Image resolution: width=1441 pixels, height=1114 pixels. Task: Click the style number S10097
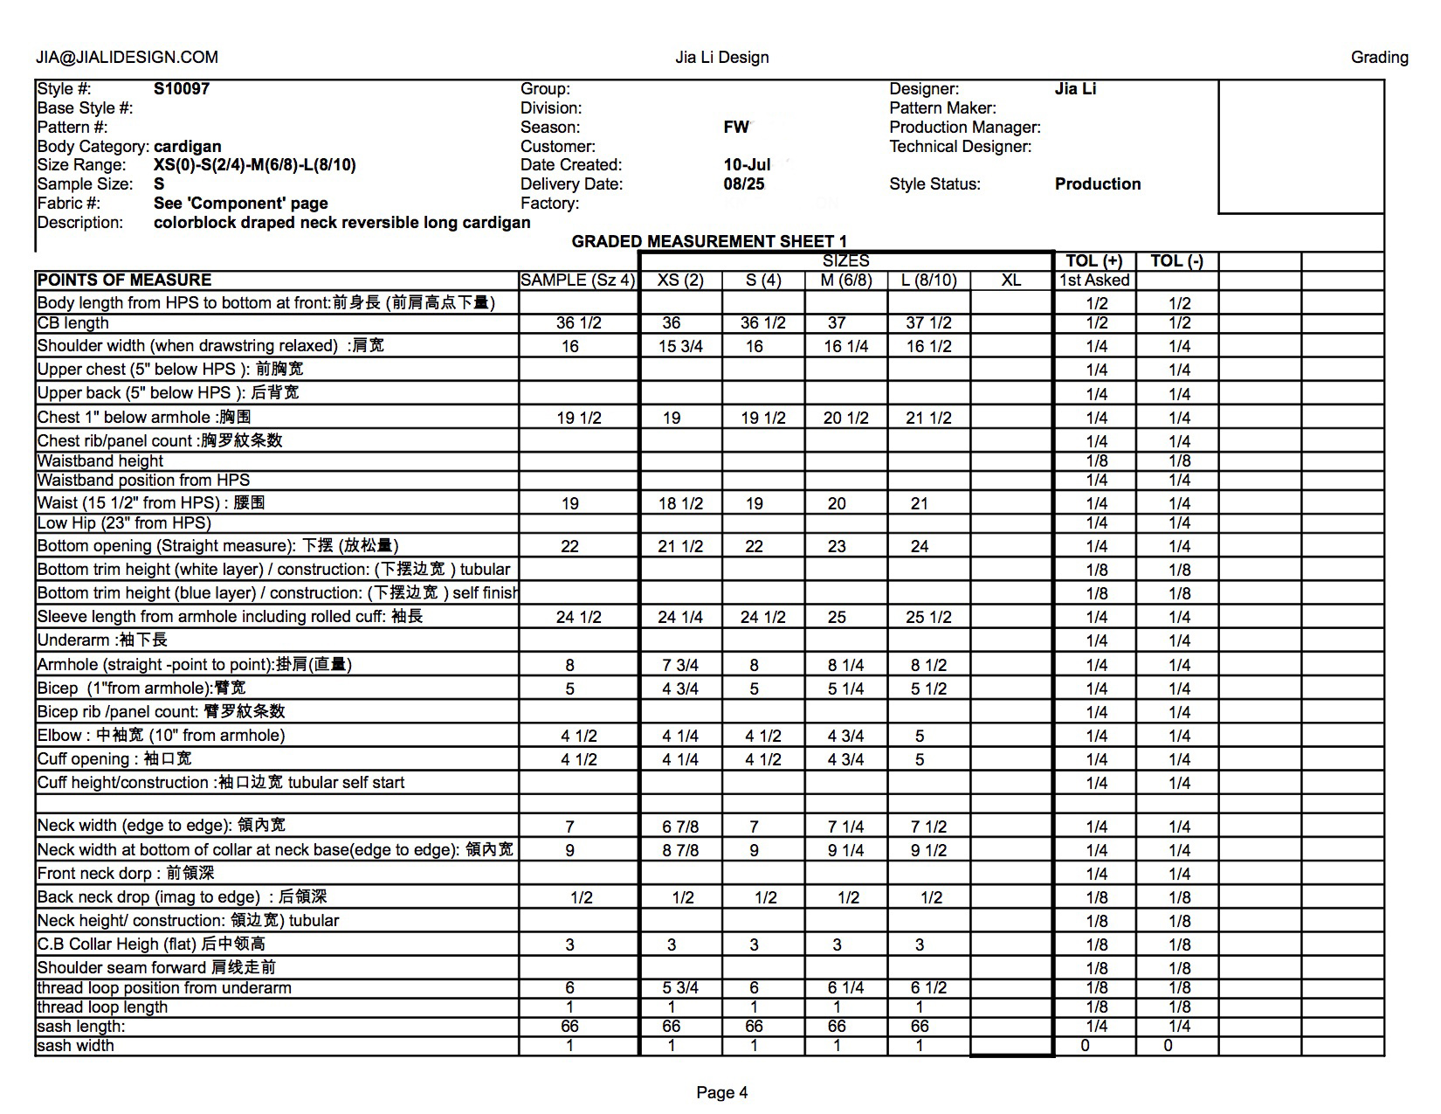pyautogui.click(x=182, y=88)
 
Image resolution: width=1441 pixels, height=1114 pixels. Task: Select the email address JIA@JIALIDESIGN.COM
pyautogui.click(x=127, y=58)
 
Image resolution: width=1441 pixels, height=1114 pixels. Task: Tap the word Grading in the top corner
pyautogui.click(x=1379, y=58)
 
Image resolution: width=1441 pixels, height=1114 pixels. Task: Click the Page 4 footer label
pyautogui.click(x=721, y=1092)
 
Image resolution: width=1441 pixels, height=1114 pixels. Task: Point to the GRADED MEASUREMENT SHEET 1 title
pyautogui.click(x=709, y=241)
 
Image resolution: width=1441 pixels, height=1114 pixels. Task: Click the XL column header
pyautogui.click(x=1010, y=280)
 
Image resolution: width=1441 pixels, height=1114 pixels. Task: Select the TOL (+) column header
pyautogui.click(x=1093, y=261)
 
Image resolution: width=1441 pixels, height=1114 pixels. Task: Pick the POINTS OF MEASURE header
pyautogui.click(x=124, y=280)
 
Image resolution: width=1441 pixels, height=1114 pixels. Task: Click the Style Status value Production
pyautogui.click(x=1098, y=184)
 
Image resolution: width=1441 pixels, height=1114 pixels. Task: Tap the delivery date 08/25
pyautogui.click(x=744, y=184)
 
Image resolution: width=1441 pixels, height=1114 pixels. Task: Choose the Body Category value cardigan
pyautogui.click(x=187, y=147)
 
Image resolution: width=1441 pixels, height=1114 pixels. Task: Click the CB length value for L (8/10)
pyautogui.click(x=927, y=323)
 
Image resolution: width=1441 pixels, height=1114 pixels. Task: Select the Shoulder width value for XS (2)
pyautogui.click(x=680, y=347)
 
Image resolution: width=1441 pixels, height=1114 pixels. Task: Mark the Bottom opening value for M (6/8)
pyautogui.click(x=837, y=547)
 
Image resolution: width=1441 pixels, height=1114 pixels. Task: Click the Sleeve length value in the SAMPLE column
pyautogui.click(x=578, y=618)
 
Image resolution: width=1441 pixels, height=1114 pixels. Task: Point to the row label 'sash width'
pyautogui.click(x=76, y=1046)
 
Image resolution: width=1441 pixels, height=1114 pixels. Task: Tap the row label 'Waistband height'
pyautogui.click(x=100, y=461)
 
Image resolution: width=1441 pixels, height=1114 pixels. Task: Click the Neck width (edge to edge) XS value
pyautogui.click(x=680, y=827)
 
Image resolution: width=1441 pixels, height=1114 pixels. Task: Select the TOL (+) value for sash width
pyautogui.click(x=1085, y=1046)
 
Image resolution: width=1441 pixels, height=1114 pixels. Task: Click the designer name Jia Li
pyautogui.click(x=1075, y=88)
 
